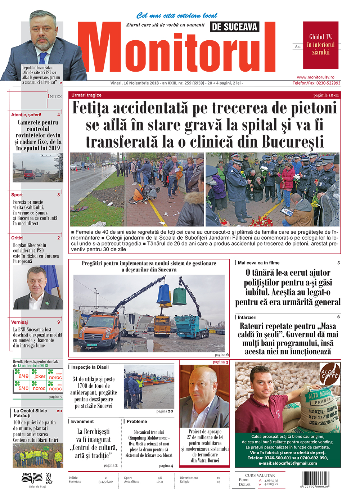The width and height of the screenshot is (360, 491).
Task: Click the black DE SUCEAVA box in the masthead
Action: pos(234,27)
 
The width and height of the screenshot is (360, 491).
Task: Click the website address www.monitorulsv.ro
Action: pos(315,77)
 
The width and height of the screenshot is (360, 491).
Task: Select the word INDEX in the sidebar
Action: pos(55,96)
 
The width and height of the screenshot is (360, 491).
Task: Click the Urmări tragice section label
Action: pos(86,95)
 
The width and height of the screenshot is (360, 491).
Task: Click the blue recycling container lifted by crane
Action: pos(164,294)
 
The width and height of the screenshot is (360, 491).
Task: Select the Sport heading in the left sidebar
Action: pos(17,195)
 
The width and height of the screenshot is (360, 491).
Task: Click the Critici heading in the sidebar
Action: pos(17,238)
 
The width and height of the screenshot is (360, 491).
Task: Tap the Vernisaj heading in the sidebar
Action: pos(19,322)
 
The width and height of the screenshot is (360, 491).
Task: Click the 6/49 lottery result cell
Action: pos(23,376)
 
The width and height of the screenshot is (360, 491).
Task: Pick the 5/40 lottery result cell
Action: pos(23,388)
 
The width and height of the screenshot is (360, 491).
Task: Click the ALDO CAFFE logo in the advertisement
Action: pos(330,374)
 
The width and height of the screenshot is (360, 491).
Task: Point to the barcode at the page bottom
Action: pos(315,479)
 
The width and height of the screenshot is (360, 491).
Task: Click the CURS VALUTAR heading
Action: pos(260,475)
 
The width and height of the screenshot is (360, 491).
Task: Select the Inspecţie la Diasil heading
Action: pos(90,367)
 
